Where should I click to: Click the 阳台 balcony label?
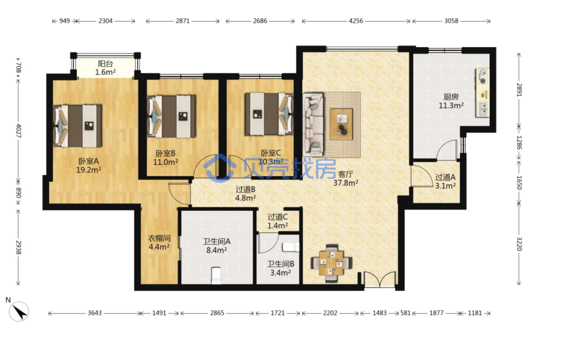click(105, 64)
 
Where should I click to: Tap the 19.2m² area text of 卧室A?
click(89, 170)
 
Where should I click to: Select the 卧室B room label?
click(165, 153)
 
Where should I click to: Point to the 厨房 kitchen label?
click(451, 97)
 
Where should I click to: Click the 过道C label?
click(278, 217)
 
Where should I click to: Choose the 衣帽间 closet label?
click(159, 238)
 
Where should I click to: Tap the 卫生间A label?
click(216, 241)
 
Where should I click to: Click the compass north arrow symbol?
click(19, 312)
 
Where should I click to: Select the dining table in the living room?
click(331, 263)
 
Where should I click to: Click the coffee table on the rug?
click(341, 124)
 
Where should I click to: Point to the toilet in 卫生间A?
click(216, 275)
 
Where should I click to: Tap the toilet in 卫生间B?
click(291, 247)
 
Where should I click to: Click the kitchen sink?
click(483, 109)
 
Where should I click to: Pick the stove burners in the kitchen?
click(482, 77)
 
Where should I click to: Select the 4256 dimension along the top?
click(356, 21)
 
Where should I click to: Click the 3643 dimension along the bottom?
click(94, 313)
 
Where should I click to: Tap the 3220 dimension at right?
click(519, 244)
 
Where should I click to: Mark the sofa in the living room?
click(313, 124)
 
